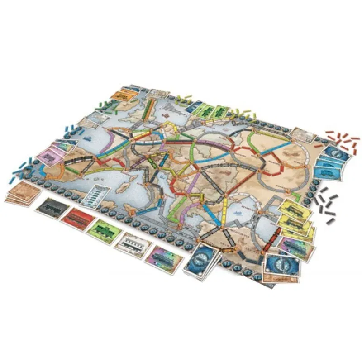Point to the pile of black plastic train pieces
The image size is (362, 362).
click(327, 202)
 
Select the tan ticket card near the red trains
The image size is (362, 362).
click(300, 133)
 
